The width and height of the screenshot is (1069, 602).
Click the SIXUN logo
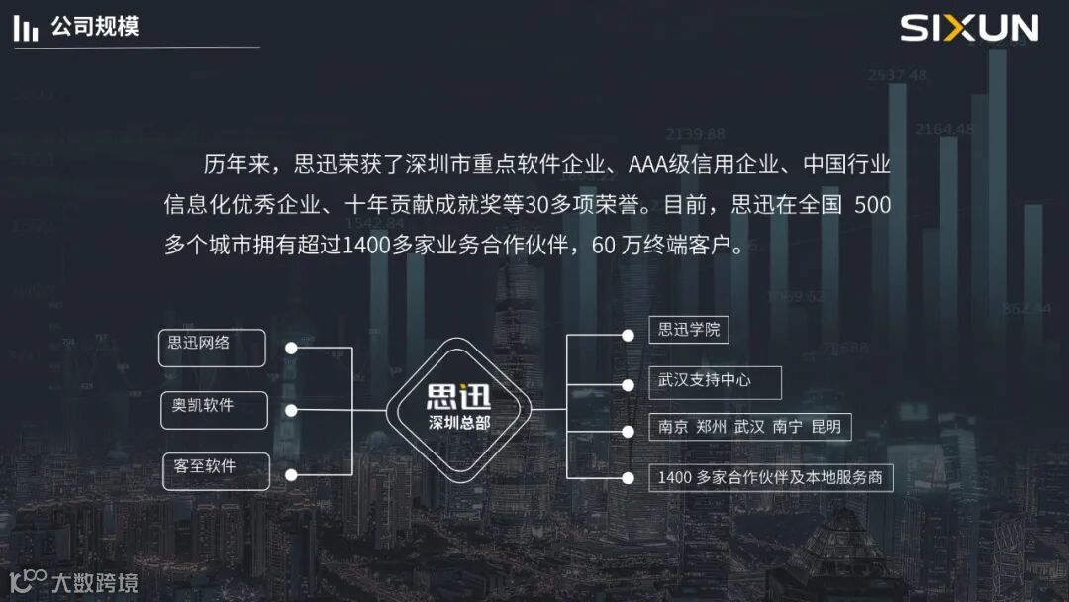pos(968,28)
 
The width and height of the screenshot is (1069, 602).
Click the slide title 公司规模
pos(95,27)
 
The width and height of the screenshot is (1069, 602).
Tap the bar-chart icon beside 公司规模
pos(26,29)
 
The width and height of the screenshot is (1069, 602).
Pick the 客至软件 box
pos(216,470)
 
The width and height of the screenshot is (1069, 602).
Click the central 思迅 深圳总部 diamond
pos(458,410)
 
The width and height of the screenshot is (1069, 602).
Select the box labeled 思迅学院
pos(689,330)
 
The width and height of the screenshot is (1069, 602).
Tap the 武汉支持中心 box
pos(715,381)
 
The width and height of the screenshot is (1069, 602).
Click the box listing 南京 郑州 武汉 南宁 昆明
pos(749,428)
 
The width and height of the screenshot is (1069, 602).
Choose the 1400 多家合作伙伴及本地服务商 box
pos(770,478)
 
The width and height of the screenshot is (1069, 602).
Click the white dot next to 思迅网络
pos(291,348)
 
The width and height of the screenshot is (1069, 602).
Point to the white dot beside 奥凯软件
pos(291,410)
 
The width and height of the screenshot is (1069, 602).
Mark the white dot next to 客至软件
pos(291,475)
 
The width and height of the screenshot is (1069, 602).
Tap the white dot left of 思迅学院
pos(628,336)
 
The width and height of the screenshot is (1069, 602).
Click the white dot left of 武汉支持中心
pos(628,384)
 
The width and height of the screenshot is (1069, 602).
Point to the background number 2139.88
pos(695,134)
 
